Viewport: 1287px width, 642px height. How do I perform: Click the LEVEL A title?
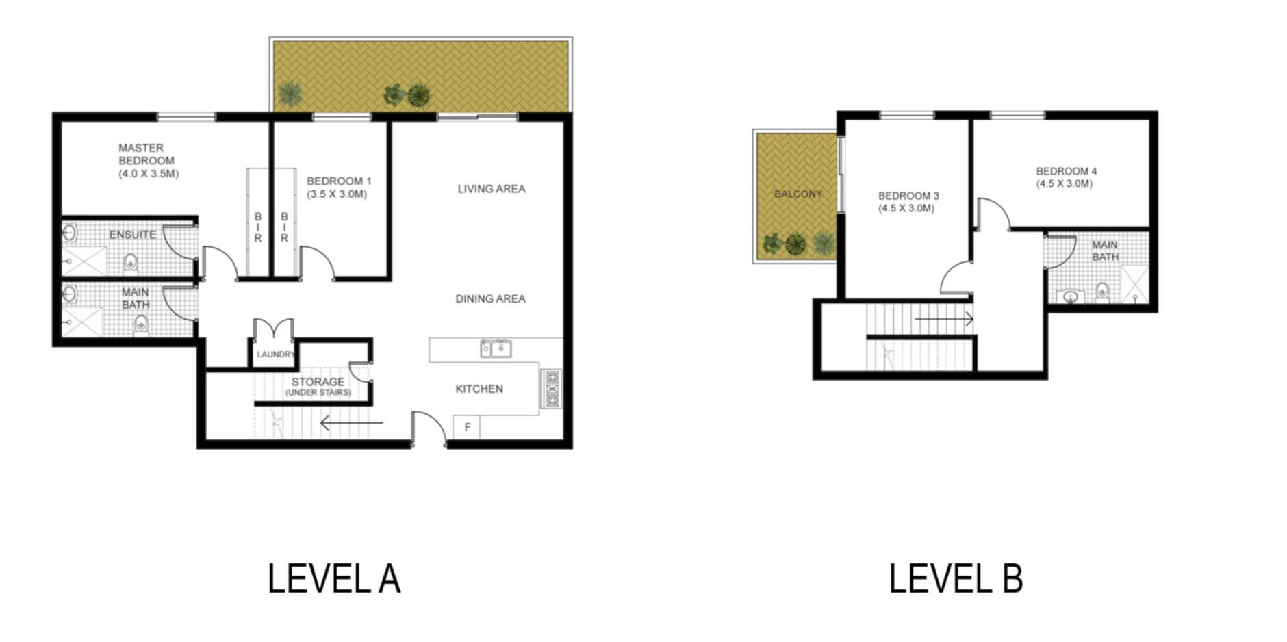[x=334, y=579]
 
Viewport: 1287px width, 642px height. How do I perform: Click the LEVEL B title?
[x=956, y=579]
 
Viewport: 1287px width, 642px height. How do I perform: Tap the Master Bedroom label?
[x=148, y=161]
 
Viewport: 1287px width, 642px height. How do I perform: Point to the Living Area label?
[x=492, y=189]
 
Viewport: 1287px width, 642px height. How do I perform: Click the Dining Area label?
[x=491, y=299]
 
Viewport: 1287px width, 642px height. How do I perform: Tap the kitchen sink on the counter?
[x=496, y=348]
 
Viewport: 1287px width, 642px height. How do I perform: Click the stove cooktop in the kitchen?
[x=551, y=389]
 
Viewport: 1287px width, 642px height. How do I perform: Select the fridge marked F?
[x=467, y=427]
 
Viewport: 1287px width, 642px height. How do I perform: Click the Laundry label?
[x=275, y=355]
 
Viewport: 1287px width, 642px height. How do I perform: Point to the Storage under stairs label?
[x=318, y=387]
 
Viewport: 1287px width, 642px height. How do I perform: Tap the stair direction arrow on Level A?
[x=352, y=423]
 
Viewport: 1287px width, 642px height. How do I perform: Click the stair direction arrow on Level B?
[x=944, y=319]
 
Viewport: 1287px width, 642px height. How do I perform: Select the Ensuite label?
[x=133, y=235]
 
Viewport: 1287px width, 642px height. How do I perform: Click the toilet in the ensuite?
[x=131, y=263]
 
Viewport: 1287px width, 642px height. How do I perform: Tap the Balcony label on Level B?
[x=798, y=194]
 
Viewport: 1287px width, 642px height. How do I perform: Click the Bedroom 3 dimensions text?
[x=906, y=208]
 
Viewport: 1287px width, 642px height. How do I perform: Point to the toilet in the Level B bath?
[x=1102, y=291]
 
